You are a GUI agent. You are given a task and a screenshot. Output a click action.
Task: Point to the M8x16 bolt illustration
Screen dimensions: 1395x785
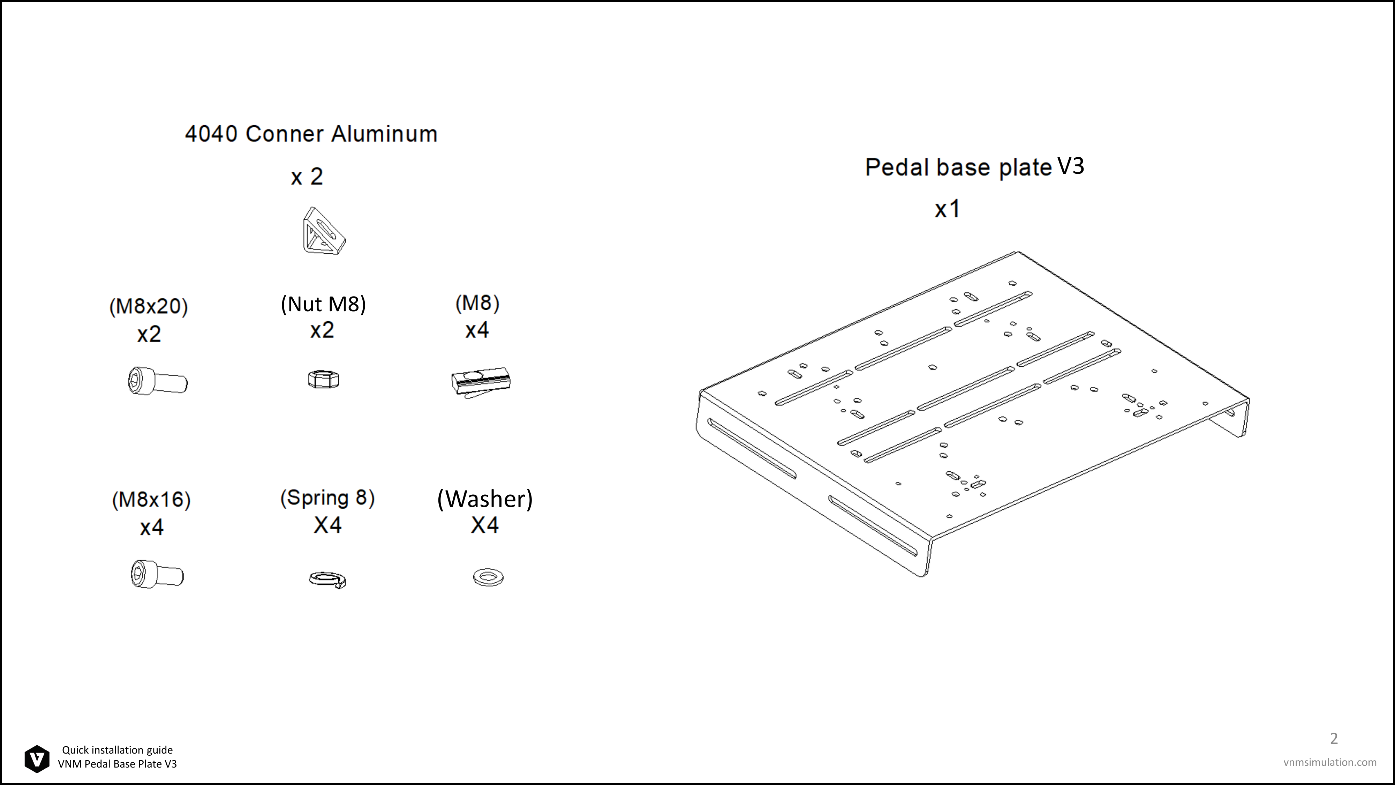pos(157,574)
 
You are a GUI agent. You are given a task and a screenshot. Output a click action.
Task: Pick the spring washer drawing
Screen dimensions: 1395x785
pos(327,579)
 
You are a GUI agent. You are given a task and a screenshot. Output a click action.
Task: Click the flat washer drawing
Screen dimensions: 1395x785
pos(488,577)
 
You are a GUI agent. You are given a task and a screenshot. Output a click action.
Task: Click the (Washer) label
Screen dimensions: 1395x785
pos(485,499)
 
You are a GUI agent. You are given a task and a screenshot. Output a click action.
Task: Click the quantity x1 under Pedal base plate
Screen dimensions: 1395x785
pos(948,209)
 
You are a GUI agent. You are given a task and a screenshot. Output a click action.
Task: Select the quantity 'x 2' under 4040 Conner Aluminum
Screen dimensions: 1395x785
pos(307,177)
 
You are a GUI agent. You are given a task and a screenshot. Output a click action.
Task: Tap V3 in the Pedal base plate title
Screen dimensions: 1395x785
pos(1071,166)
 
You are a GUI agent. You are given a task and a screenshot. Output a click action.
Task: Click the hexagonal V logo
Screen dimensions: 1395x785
pos(37,758)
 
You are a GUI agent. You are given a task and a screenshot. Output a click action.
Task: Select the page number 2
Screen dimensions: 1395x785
pos(1334,738)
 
